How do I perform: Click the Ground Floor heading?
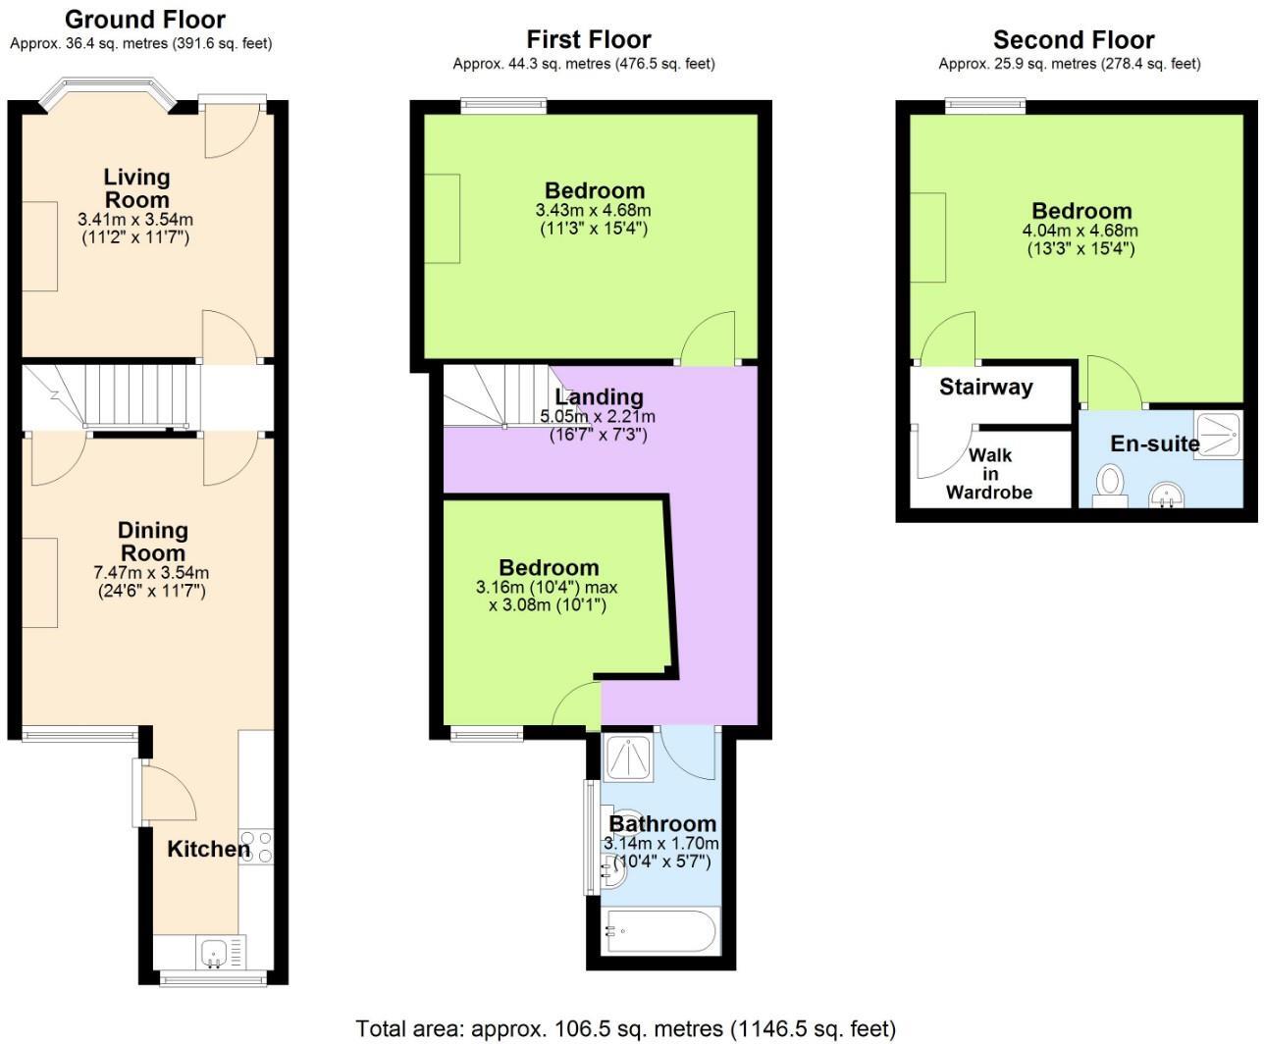point(144,20)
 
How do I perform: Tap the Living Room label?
point(137,187)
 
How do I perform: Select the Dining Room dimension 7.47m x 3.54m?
point(151,573)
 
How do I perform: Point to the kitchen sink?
point(214,952)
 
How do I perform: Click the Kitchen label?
point(208,849)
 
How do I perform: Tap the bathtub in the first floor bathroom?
point(660,930)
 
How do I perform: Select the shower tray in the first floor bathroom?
point(629,757)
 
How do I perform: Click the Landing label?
point(599,396)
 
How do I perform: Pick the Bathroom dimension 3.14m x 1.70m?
point(661,844)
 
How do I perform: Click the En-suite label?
point(1154,444)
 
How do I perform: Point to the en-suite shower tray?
point(1217,436)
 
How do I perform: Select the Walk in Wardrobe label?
point(989,474)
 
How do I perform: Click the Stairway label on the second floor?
point(985,387)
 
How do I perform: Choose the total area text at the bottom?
point(625,1028)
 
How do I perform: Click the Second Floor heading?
point(1073,40)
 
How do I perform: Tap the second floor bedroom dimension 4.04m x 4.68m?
point(1080,232)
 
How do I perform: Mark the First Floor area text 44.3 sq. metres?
point(584,64)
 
